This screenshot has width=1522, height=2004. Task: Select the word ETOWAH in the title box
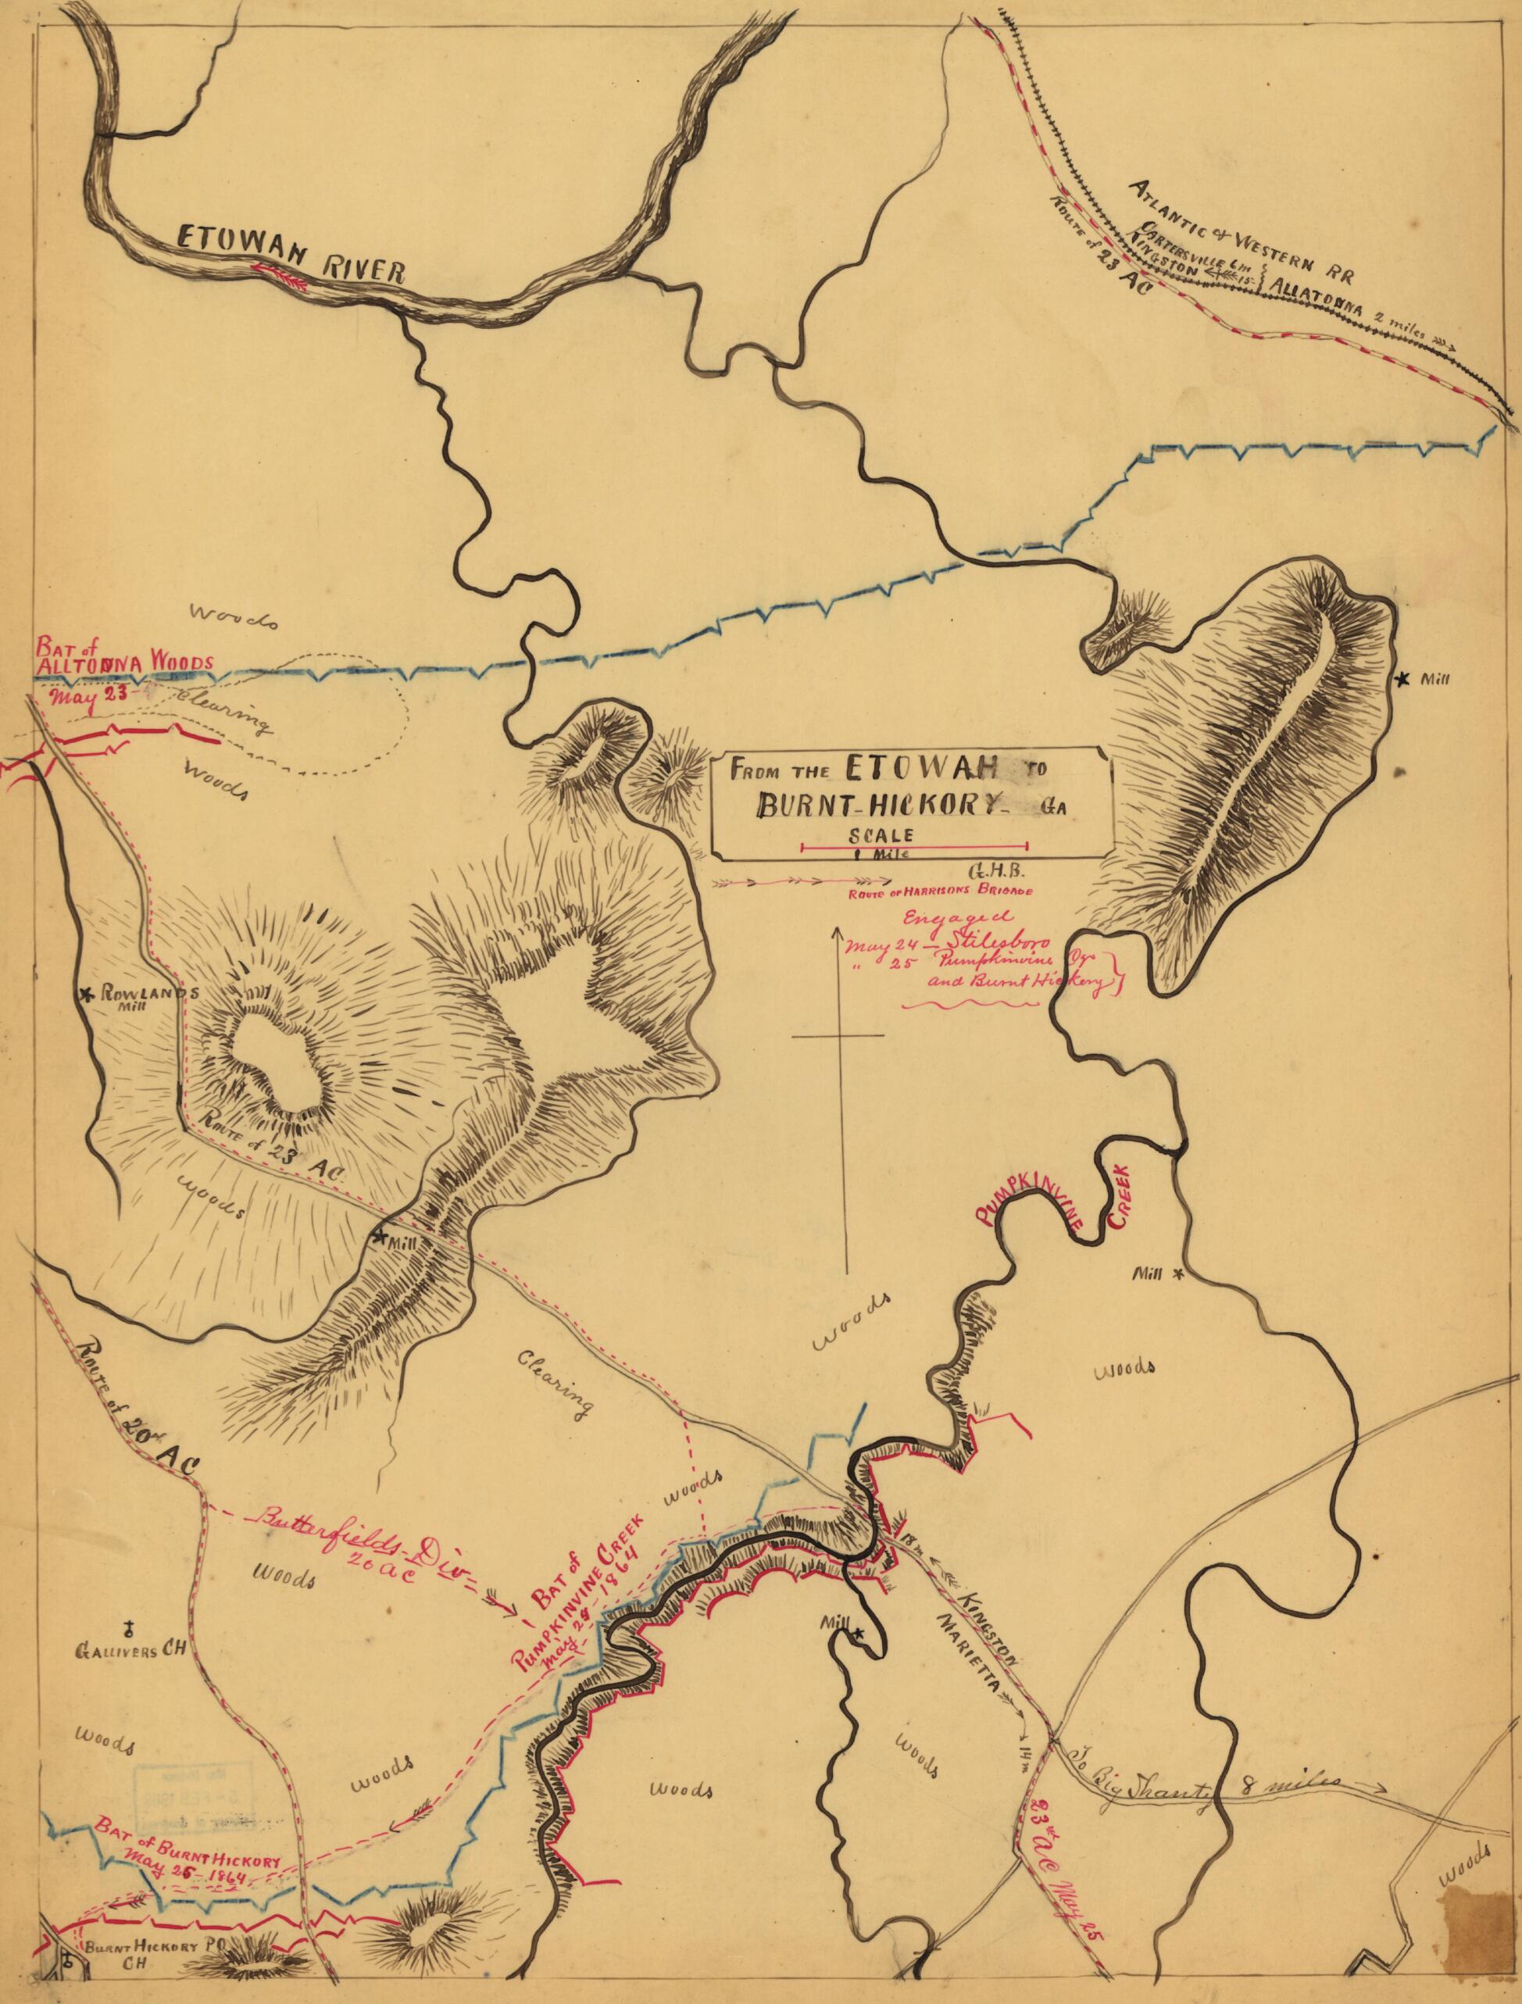coord(924,769)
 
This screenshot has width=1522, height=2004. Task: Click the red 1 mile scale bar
coord(915,846)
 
